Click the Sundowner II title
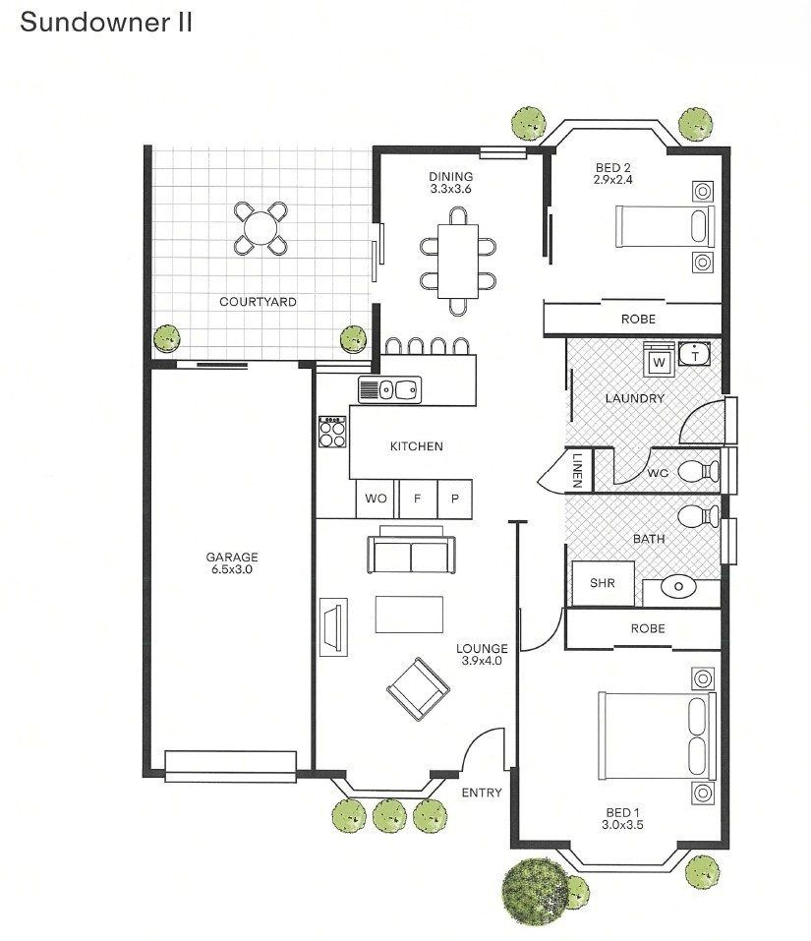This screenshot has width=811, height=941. [106, 23]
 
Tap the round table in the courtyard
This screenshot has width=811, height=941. [261, 228]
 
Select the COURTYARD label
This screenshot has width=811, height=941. [258, 302]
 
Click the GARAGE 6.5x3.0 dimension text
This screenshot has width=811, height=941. [232, 569]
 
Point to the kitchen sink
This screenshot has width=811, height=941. [390, 390]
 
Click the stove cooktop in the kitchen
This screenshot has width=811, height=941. [332, 432]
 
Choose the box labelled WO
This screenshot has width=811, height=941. [376, 499]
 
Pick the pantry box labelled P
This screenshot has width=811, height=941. [455, 499]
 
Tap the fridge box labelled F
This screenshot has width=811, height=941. [418, 499]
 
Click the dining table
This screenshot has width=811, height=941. [458, 261]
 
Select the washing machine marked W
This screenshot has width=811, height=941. [659, 361]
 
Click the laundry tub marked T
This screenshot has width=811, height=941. [695, 355]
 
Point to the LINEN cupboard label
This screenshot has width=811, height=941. [578, 470]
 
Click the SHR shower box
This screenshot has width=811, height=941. [603, 583]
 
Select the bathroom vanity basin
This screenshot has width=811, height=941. [678, 587]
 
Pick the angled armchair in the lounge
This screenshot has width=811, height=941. [418, 689]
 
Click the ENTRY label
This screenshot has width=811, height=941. [482, 793]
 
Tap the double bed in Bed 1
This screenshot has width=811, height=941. [658, 735]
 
